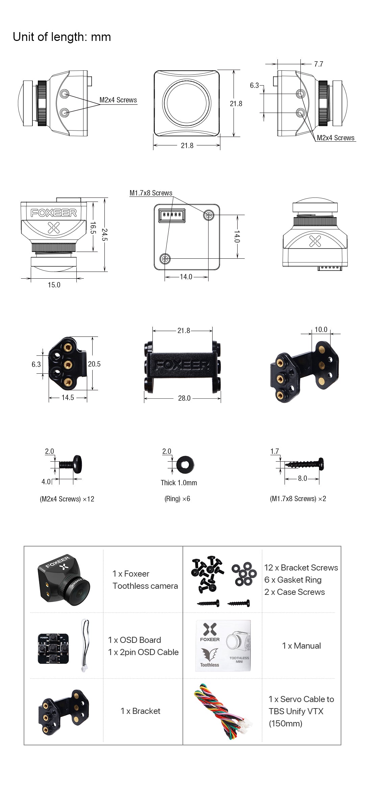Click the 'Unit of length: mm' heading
click(x=62, y=37)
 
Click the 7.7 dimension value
click(x=318, y=64)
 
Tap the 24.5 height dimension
click(x=105, y=235)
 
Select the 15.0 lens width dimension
click(x=54, y=285)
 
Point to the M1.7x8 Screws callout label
click(x=151, y=193)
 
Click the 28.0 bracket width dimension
click(x=184, y=398)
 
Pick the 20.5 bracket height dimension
click(x=94, y=364)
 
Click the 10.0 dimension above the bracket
click(x=321, y=329)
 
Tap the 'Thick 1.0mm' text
click(x=179, y=483)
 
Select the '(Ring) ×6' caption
click(x=177, y=499)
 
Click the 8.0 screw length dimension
click(x=302, y=478)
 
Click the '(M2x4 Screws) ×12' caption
click(x=67, y=499)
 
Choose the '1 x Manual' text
click(x=301, y=646)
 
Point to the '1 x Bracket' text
click(x=140, y=711)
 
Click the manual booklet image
click(x=223, y=646)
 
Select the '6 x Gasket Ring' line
click(x=293, y=580)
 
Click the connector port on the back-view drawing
click(x=172, y=215)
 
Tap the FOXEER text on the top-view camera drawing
click(x=54, y=213)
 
